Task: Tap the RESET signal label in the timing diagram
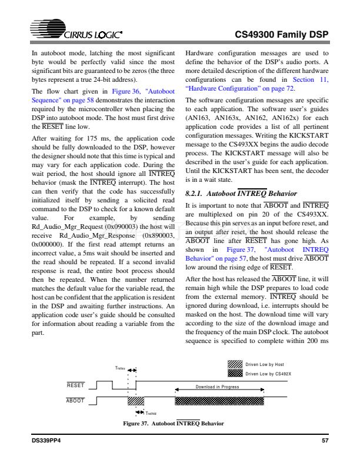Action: click(76, 385)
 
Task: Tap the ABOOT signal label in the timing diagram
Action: click(75, 401)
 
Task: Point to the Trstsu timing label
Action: click(119, 368)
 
